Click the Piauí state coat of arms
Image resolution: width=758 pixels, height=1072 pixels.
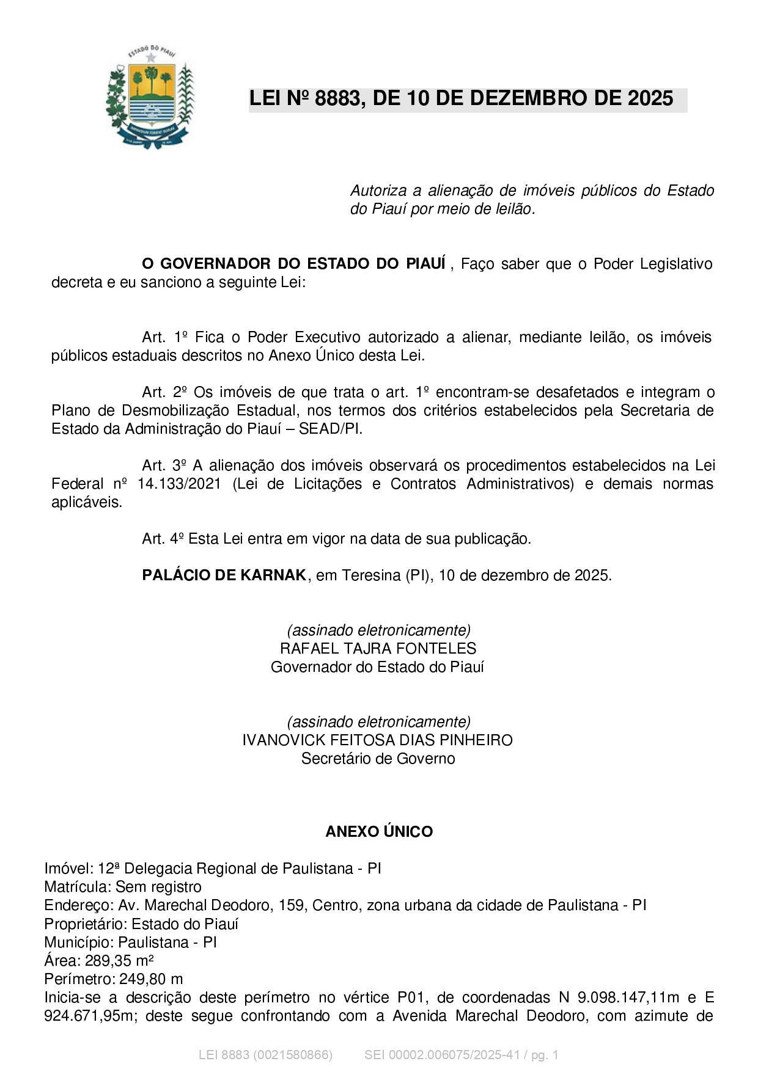(x=150, y=97)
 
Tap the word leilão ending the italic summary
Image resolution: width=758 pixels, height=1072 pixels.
(x=515, y=210)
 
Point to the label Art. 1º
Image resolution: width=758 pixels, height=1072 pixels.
(x=164, y=337)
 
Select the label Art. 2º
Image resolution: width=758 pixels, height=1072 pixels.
(x=164, y=392)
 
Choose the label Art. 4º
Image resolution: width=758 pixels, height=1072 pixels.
(x=163, y=539)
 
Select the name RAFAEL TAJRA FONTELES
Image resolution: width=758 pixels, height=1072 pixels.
(x=378, y=649)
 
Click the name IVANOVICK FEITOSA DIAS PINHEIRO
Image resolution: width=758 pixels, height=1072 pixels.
(x=377, y=740)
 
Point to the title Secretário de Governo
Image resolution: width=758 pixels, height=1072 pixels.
(x=378, y=759)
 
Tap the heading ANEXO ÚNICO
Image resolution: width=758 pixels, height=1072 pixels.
(x=379, y=832)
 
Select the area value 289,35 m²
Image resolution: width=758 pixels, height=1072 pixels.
(x=119, y=960)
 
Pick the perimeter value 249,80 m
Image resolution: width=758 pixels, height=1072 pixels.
(x=151, y=979)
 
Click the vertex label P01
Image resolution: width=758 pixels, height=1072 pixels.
(x=410, y=997)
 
